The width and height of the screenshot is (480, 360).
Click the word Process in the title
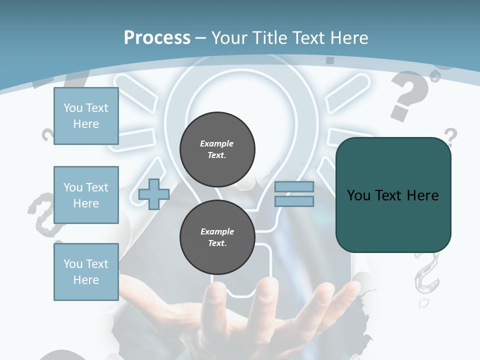click(x=157, y=38)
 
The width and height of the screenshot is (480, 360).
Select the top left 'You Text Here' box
click(x=86, y=116)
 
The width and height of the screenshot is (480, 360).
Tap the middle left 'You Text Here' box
click(x=86, y=195)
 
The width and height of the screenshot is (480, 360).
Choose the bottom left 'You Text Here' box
click(x=86, y=271)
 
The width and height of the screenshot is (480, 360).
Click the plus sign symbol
click(x=154, y=194)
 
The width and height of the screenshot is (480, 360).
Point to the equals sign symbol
click(x=294, y=194)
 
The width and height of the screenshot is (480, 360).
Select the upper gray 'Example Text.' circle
click(x=217, y=149)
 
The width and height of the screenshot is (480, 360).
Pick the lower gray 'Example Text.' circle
click(x=217, y=237)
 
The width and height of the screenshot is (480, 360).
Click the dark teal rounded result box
click(x=393, y=194)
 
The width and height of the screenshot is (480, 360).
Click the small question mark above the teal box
click(x=450, y=136)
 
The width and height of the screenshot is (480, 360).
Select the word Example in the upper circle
click(x=216, y=143)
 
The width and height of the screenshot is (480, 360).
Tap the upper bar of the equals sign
click(x=294, y=187)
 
